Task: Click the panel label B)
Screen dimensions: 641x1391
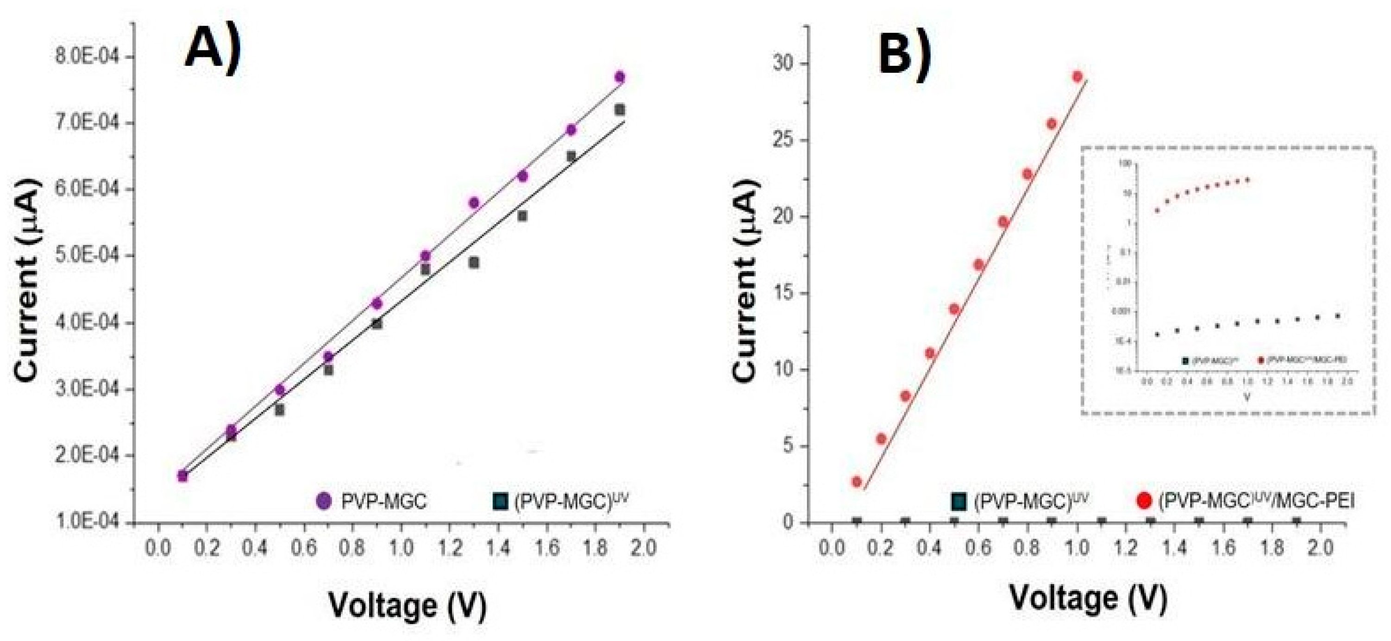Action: (x=904, y=53)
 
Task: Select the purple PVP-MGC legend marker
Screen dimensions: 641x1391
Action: (x=324, y=501)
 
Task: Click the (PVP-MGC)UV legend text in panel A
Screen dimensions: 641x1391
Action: (x=571, y=501)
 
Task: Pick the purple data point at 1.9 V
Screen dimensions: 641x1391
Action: (x=620, y=77)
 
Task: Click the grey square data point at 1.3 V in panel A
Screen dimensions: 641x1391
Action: (x=474, y=263)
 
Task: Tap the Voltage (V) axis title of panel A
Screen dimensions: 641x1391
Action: (x=407, y=605)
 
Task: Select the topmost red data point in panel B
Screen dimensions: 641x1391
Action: (x=1077, y=77)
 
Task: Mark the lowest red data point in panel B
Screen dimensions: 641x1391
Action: (x=857, y=482)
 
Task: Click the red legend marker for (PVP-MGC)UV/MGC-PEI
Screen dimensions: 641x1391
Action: (x=1144, y=501)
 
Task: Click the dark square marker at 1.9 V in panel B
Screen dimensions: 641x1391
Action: (x=1296, y=522)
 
